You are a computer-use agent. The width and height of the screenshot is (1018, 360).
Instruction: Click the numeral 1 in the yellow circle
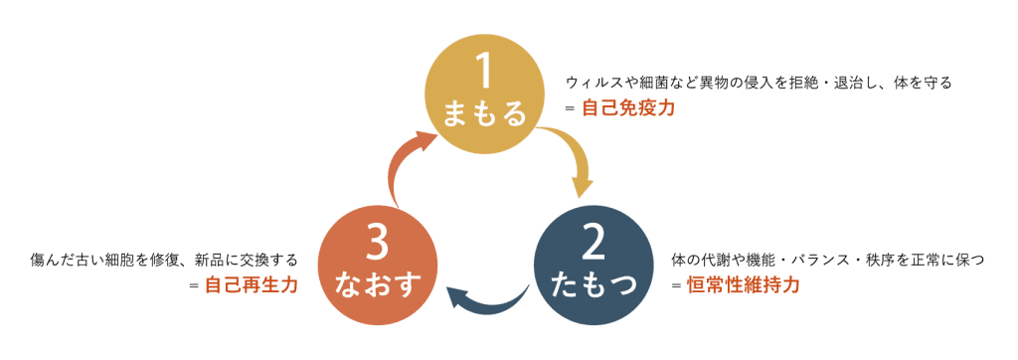coord(484,73)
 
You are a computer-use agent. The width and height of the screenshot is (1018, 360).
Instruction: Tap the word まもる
coord(484,114)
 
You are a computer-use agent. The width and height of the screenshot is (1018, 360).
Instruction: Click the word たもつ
coord(594,285)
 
